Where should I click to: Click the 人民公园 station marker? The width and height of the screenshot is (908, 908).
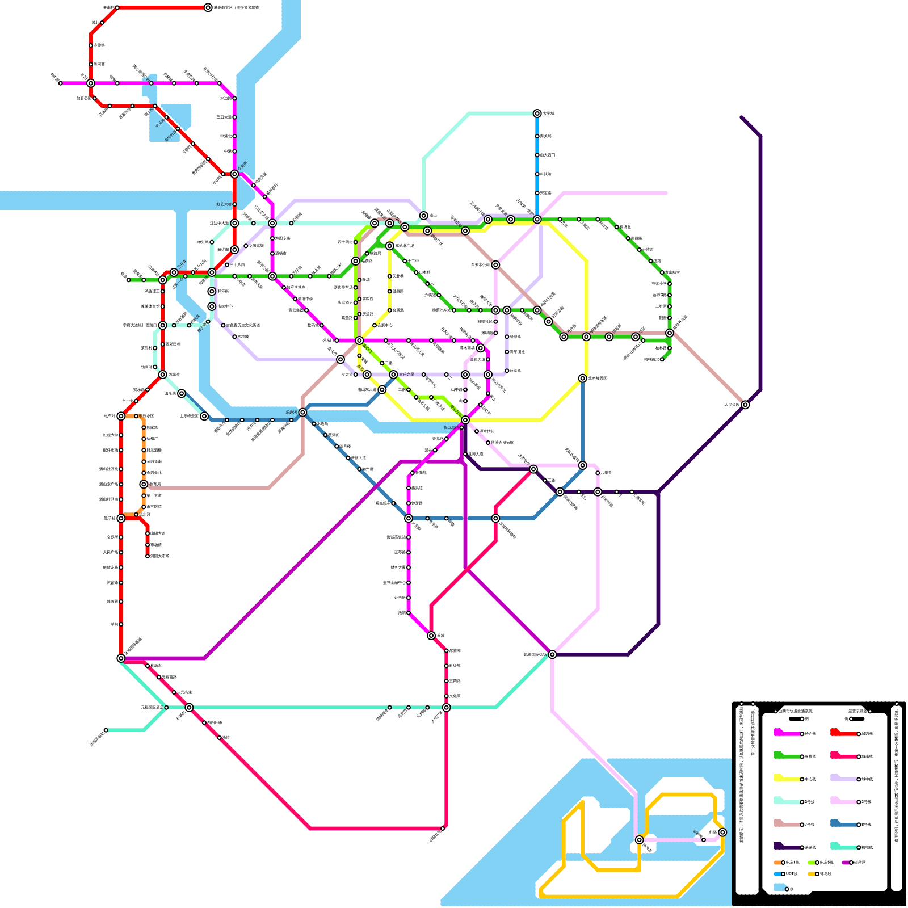[x=745, y=405]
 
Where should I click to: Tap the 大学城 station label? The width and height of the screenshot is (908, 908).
[x=548, y=113]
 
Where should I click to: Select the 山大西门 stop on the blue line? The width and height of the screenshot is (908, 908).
[x=537, y=155]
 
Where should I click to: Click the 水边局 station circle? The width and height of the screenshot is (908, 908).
[x=234, y=98]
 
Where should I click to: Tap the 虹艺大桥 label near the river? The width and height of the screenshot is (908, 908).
[x=224, y=204]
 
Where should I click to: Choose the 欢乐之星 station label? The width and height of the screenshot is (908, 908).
[x=406, y=375]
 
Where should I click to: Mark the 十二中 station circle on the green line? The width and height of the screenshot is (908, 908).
[x=405, y=261]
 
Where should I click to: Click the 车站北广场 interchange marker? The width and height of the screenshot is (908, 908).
[x=389, y=246]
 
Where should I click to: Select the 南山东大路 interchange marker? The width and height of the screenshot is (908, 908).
[x=382, y=390]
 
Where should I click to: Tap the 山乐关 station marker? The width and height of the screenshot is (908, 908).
[x=182, y=393]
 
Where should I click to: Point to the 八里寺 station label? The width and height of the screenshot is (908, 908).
[x=606, y=473]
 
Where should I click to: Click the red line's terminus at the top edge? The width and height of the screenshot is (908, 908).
[x=208, y=7]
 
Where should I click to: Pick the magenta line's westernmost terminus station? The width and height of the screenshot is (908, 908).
[x=61, y=83]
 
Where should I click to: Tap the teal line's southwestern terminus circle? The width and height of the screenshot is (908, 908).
[x=106, y=730]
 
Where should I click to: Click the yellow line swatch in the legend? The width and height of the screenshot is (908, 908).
[x=787, y=779]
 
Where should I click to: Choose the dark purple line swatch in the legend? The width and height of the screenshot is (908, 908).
[x=787, y=847]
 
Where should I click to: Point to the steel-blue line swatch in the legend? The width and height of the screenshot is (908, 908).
[x=843, y=824]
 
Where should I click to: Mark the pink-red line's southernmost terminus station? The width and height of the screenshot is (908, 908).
[x=443, y=829]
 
